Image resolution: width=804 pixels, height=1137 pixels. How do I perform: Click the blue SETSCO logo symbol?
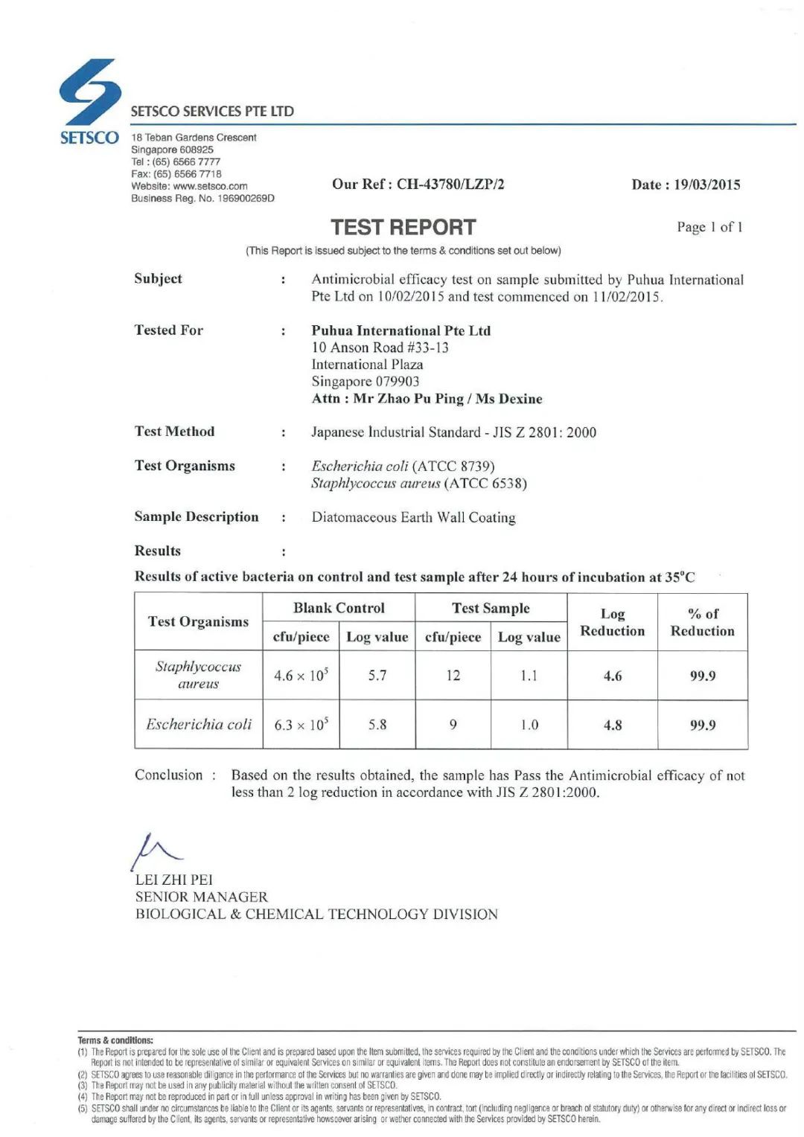pos(90,92)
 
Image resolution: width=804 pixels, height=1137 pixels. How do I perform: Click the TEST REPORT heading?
pos(403,227)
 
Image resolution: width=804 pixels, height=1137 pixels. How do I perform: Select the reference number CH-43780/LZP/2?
pos(450,185)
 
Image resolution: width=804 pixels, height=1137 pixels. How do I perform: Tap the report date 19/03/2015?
pos(706,185)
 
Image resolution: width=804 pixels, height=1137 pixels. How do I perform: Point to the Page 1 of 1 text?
pos(709,227)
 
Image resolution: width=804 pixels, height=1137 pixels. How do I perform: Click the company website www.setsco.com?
pos(210,186)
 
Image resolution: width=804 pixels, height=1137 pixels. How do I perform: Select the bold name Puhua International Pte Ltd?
pos(401,330)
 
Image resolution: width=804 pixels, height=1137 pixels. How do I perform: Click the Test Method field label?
pos(174,432)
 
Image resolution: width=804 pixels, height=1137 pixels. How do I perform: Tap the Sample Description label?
pos(197,516)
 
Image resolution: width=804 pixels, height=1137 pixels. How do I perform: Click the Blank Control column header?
pos(339,608)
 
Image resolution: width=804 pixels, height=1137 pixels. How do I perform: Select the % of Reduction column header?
pos(702,622)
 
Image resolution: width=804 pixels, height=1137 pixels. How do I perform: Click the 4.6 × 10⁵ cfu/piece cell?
pos(301,676)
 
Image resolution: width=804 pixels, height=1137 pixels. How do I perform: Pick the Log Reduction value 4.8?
pos(612,725)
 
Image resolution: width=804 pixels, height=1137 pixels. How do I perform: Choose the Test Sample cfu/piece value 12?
pos(453,676)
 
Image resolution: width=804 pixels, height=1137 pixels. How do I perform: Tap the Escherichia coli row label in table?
pos(199,724)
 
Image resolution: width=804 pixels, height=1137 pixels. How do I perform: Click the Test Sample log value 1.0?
pos(529,725)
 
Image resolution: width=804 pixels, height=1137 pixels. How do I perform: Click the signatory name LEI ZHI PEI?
pos(173,880)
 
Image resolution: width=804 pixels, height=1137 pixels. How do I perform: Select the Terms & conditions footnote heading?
pos(115,1040)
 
